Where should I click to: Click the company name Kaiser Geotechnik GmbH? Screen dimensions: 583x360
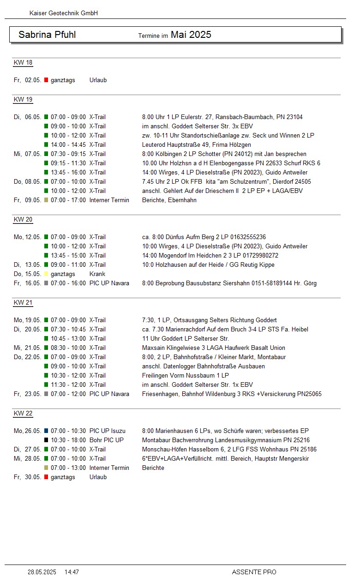[x=64, y=13]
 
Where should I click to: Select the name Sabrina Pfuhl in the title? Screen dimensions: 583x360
[x=47, y=35]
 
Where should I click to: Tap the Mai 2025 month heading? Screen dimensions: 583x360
[x=191, y=35]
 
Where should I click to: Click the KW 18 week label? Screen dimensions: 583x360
[x=23, y=63]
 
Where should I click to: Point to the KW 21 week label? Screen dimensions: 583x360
[x=23, y=303]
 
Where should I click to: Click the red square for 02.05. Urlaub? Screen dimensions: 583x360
[x=46, y=80]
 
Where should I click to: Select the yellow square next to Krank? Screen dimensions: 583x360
[x=46, y=274]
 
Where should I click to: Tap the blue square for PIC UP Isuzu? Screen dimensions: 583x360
[x=46, y=431]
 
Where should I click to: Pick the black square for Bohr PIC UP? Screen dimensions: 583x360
[x=46, y=440]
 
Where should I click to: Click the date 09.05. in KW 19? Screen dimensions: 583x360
[x=33, y=200]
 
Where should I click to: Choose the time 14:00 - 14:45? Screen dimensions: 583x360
[x=68, y=145]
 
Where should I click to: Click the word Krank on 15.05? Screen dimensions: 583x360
[x=97, y=274]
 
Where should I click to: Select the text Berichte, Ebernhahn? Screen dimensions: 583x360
[x=169, y=200]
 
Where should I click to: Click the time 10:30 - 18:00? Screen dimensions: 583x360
[x=68, y=440]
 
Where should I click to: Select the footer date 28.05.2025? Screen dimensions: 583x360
[x=42, y=572]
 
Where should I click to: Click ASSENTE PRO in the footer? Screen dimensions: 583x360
[x=254, y=572]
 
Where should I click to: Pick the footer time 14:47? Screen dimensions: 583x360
[x=72, y=572]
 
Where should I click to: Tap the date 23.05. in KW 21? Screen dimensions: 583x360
[x=33, y=394]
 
